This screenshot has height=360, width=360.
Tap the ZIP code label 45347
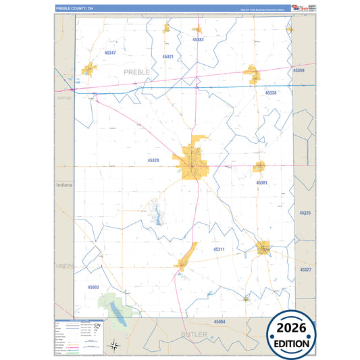[110, 53]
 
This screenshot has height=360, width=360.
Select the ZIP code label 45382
[198, 40]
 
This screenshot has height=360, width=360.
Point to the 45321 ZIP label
[168, 57]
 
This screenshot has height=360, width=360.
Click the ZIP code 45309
[299, 71]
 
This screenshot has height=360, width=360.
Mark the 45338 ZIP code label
[271, 93]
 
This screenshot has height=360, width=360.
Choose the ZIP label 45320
[153, 161]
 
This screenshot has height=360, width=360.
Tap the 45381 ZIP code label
[262, 183]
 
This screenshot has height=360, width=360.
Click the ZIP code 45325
[305, 213]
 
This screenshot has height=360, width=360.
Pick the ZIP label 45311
[219, 250]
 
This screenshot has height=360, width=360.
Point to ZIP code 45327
[305, 269]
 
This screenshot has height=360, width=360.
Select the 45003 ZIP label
[93, 287]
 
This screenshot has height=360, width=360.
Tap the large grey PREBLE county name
[138, 71]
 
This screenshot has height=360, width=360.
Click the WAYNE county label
[65, 98]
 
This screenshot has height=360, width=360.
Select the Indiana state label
[64, 184]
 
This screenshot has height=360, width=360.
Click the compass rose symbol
[115, 346]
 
